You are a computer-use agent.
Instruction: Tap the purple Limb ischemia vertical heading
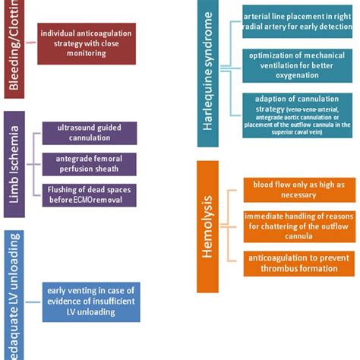pos(14,164)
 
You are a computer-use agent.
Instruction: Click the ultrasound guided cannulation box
pos(90,133)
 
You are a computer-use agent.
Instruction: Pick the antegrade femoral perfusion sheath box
pos(90,164)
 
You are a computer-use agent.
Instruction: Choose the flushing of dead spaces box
pos(90,195)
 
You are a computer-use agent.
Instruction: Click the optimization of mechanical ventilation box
pos(297,65)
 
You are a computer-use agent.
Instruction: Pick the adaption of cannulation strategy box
pos(297,115)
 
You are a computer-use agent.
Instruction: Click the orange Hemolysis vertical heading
pos(207,235)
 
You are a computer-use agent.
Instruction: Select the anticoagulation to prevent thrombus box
pos(297,263)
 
